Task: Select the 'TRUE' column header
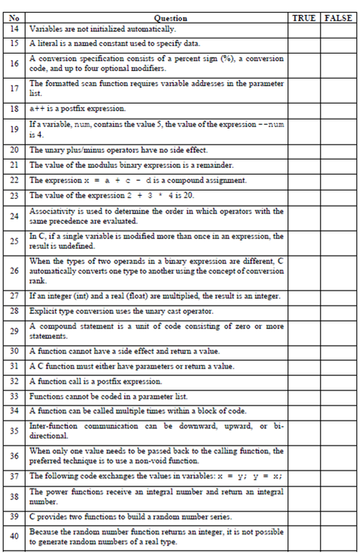304,17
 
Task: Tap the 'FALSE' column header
337,17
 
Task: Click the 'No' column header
13,17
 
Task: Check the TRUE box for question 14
304,27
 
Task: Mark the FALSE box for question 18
337,108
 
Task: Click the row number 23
13,195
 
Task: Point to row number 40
13,536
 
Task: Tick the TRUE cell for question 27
304,297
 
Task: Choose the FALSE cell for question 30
337,350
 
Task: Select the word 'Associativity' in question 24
50,212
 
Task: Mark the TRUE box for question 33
304,395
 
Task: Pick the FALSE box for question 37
337,476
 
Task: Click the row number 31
13,366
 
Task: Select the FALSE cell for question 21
337,164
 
